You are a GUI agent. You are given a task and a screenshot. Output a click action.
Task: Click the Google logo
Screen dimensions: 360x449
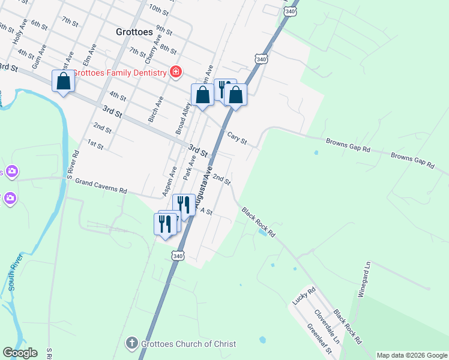20,353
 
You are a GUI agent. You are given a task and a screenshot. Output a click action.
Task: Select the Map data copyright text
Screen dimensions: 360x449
412,355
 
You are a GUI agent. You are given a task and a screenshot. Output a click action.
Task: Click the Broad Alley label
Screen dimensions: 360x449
183,117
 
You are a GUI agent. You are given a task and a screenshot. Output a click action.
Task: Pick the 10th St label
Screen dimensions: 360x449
159,9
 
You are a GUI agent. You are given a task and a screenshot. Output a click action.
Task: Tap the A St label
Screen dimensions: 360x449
206,211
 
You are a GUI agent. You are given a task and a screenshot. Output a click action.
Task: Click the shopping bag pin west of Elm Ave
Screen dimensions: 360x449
64,81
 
